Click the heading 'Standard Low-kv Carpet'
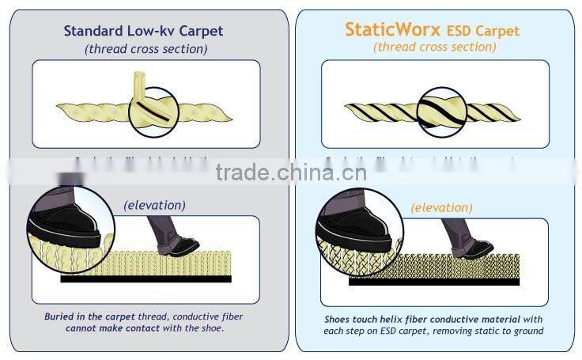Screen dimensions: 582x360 click(x=143, y=31)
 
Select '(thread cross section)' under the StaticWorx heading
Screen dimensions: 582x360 click(x=434, y=47)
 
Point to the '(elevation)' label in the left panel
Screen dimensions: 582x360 click(x=154, y=205)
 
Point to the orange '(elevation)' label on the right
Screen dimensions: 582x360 click(x=441, y=207)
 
